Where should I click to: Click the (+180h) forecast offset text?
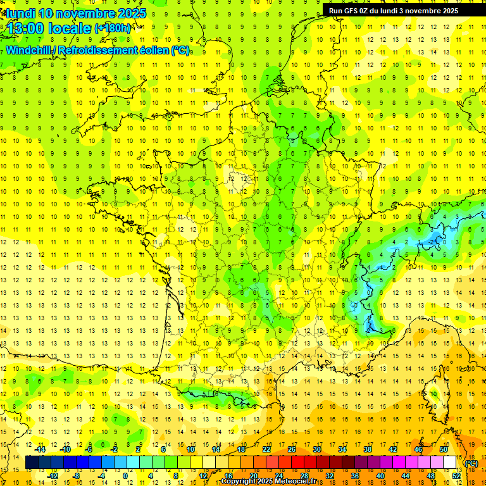tap(113, 28)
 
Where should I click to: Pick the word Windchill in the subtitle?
tap(28, 50)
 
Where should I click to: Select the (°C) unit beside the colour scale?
tap(471, 464)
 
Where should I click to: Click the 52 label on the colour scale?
tap(456, 475)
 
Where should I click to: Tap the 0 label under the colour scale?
tap(125, 475)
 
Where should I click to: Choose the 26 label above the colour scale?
tap(292, 449)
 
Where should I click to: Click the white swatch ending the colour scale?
tap(450, 463)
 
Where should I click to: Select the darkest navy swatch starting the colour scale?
tap(32, 463)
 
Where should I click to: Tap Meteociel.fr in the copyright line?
tap(288, 482)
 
